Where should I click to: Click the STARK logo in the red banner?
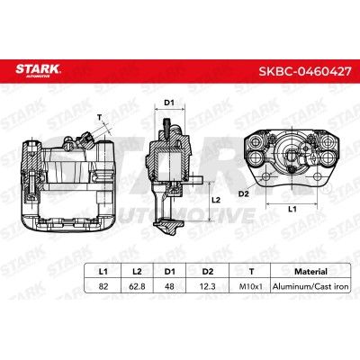click(38, 71)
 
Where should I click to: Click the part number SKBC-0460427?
click(305, 71)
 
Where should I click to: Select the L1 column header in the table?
click(103, 272)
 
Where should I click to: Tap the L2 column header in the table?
click(137, 272)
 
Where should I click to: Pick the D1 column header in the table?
click(169, 272)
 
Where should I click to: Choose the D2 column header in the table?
click(208, 272)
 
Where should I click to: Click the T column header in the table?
click(251, 272)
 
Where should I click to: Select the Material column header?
click(310, 272)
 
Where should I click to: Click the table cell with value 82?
click(103, 286)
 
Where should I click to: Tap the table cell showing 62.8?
click(137, 286)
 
